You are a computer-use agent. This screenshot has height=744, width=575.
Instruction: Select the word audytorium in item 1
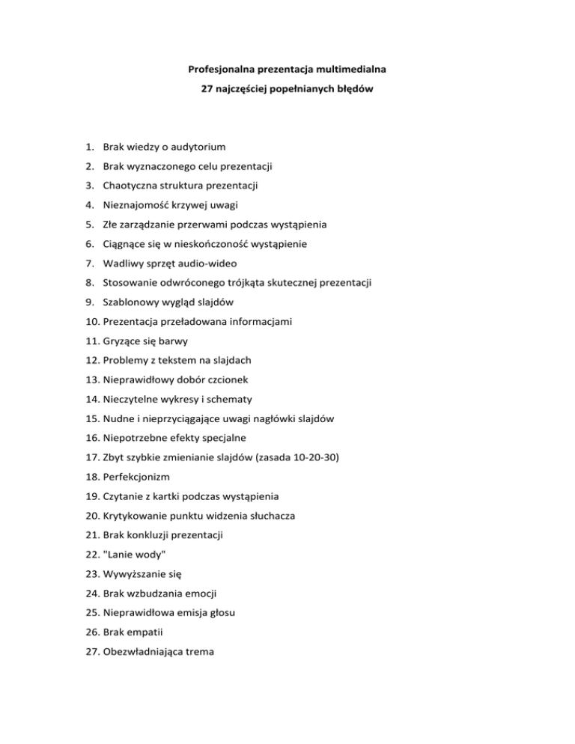(x=195, y=147)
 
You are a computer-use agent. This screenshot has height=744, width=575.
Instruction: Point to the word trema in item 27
(x=197, y=652)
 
